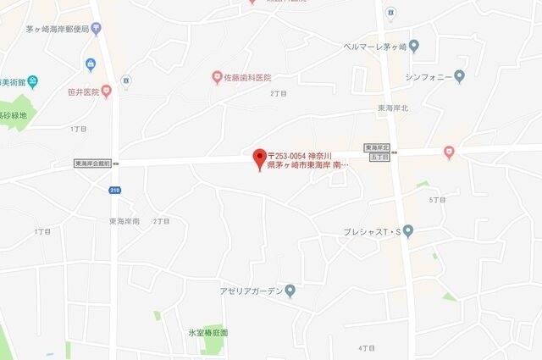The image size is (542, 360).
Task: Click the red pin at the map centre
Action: pyautogui.click(x=260, y=158)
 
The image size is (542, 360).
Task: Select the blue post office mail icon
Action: pyautogui.click(x=97, y=30)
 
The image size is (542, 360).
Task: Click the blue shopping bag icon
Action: pyautogui.click(x=90, y=65)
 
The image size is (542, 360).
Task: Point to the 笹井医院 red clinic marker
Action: pyautogui.click(x=107, y=91)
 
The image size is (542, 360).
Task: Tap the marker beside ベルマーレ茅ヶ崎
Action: pyautogui.click(x=413, y=45)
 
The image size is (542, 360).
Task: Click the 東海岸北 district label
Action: pyautogui.click(x=393, y=108)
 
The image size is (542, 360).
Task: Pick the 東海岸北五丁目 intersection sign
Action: pyautogui.click(x=377, y=152)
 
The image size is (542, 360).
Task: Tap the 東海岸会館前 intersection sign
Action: pyautogui.click(x=93, y=163)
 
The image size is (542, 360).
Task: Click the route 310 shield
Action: pyautogui.click(x=114, y=191)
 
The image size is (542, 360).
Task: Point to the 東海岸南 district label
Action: pyautogui.click(x=124, y=221)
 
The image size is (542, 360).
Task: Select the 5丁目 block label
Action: pyautogui.click(x=437, y=199)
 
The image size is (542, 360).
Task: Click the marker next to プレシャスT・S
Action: pyautogui.click(x=408, y=230)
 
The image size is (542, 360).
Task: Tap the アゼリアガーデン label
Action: pyautogui.click(x=251, y=291)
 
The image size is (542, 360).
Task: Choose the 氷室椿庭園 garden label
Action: pyautogui.click(x=207, y=333)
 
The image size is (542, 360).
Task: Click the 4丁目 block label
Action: pyautogui.click(x=366, y=347)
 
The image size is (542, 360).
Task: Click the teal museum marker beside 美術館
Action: pyautogui.click(x=32, y=82)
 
